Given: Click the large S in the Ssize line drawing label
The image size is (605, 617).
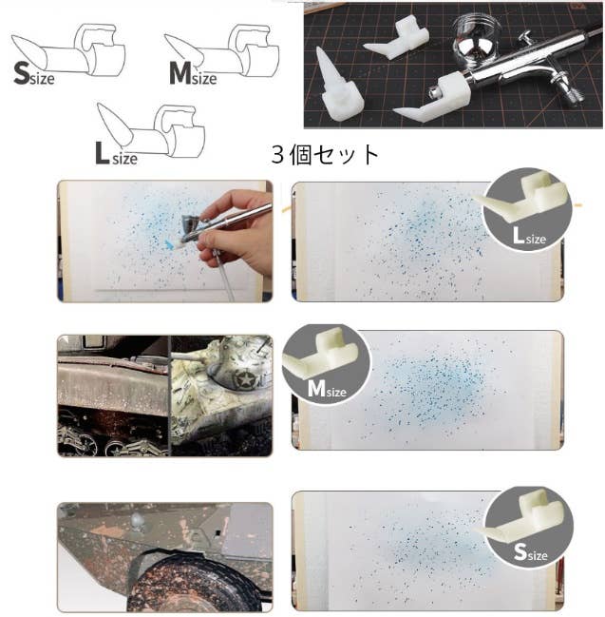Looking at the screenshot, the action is click(x=22, y=73).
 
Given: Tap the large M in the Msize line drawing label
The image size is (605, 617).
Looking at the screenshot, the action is click(x=180, y=73).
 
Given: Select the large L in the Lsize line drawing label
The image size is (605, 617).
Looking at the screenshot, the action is click(x=102, y=153).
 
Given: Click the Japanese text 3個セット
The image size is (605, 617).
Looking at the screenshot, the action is click(x=325, y=155).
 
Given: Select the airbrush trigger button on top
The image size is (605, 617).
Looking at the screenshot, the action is click(x=525, y=37).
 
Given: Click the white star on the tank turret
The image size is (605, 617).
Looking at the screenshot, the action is click(x=241, y=381).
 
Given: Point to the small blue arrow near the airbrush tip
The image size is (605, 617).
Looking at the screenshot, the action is click(x=169, y=245).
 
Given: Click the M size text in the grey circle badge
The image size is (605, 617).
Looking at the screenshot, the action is click(x=327, y=389).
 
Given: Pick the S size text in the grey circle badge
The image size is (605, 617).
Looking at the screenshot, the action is click(x=530, y=552).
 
